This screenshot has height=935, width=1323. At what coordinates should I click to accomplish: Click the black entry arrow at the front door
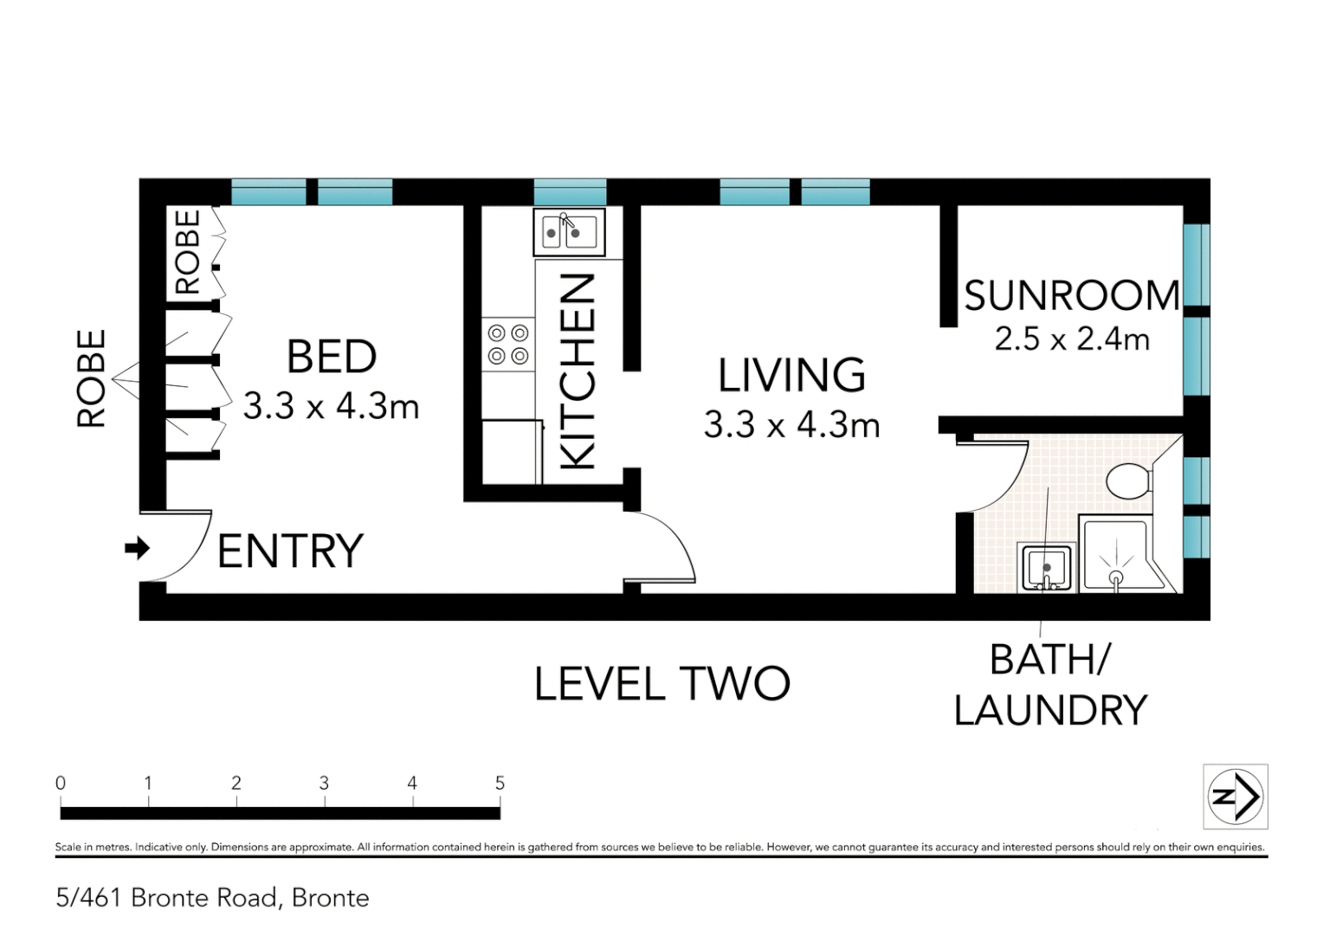(x=137, y=548)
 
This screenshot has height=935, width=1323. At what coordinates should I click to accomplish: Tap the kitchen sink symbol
(x=568, y=232)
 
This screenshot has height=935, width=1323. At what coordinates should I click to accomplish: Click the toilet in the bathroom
(x=1128, y=480)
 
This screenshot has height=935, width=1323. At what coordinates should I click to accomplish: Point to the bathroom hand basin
(x=1048, y=568)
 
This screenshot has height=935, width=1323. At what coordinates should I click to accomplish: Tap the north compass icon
(x=1236, y=796)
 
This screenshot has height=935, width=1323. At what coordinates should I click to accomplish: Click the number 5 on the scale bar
(x=500, y=783)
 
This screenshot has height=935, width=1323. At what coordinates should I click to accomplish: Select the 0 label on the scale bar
(x=61, y=783)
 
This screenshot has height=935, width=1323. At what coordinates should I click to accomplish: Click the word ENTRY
(x=290, y=551)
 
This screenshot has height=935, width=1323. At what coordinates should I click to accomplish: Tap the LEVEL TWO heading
(x=662, y=684)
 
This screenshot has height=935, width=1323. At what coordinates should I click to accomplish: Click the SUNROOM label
(x=1072, y=296)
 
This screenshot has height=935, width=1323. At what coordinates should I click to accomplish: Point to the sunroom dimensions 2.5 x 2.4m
(x=1072, y=339)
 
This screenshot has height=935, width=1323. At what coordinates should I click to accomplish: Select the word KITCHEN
(x=578, y=372)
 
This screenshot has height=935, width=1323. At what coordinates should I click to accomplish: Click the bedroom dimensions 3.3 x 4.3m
(x=331, y=406)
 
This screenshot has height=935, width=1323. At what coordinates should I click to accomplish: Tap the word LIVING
(x=791, y=376)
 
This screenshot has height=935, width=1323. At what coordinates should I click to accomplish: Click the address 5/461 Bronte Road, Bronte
(x=212, y=898)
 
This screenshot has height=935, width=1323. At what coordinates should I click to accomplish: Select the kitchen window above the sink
(x=570, y=191)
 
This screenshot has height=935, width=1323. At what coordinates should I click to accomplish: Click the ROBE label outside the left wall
(x=92, y=378)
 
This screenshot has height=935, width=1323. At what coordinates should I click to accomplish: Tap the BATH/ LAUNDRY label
(x=1050, y=685)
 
